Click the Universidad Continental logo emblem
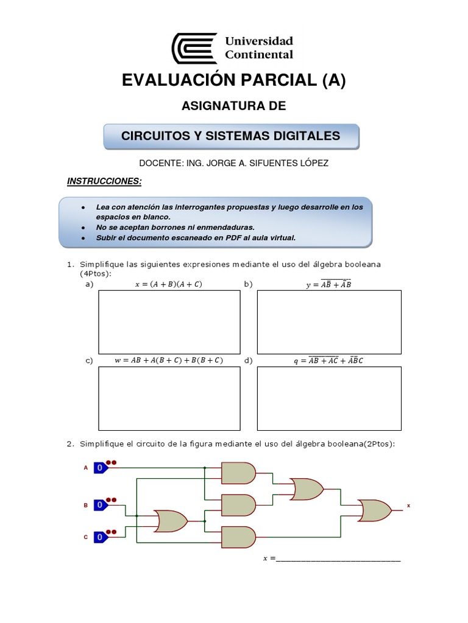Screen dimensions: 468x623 194,48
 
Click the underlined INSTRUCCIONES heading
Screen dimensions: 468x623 104,181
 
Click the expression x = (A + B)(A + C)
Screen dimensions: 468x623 168,284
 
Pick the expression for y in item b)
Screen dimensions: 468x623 328,284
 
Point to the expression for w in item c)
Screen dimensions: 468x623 169,360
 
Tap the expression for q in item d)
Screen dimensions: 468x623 328,360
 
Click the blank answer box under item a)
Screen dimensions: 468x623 169,322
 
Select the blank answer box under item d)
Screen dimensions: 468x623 329,399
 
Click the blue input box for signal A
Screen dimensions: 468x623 101,467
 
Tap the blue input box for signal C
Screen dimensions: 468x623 101,537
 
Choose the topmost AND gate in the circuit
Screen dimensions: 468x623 238,472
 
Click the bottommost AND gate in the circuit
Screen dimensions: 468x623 238,537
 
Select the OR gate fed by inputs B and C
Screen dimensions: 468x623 171,521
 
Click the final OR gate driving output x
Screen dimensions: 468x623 375,510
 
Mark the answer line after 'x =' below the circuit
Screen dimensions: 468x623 338,559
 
